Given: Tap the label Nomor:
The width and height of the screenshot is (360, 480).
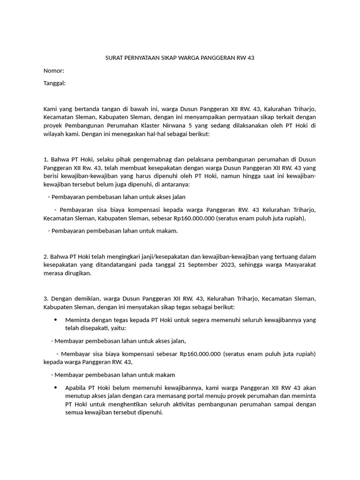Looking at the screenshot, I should [x=53, y=71].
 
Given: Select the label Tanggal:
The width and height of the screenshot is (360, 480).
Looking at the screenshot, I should [x=54, y=83].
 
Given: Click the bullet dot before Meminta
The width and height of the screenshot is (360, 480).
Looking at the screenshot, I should [x=55, y=320].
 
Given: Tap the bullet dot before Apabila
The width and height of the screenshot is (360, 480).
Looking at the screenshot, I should [x=55, y=388].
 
